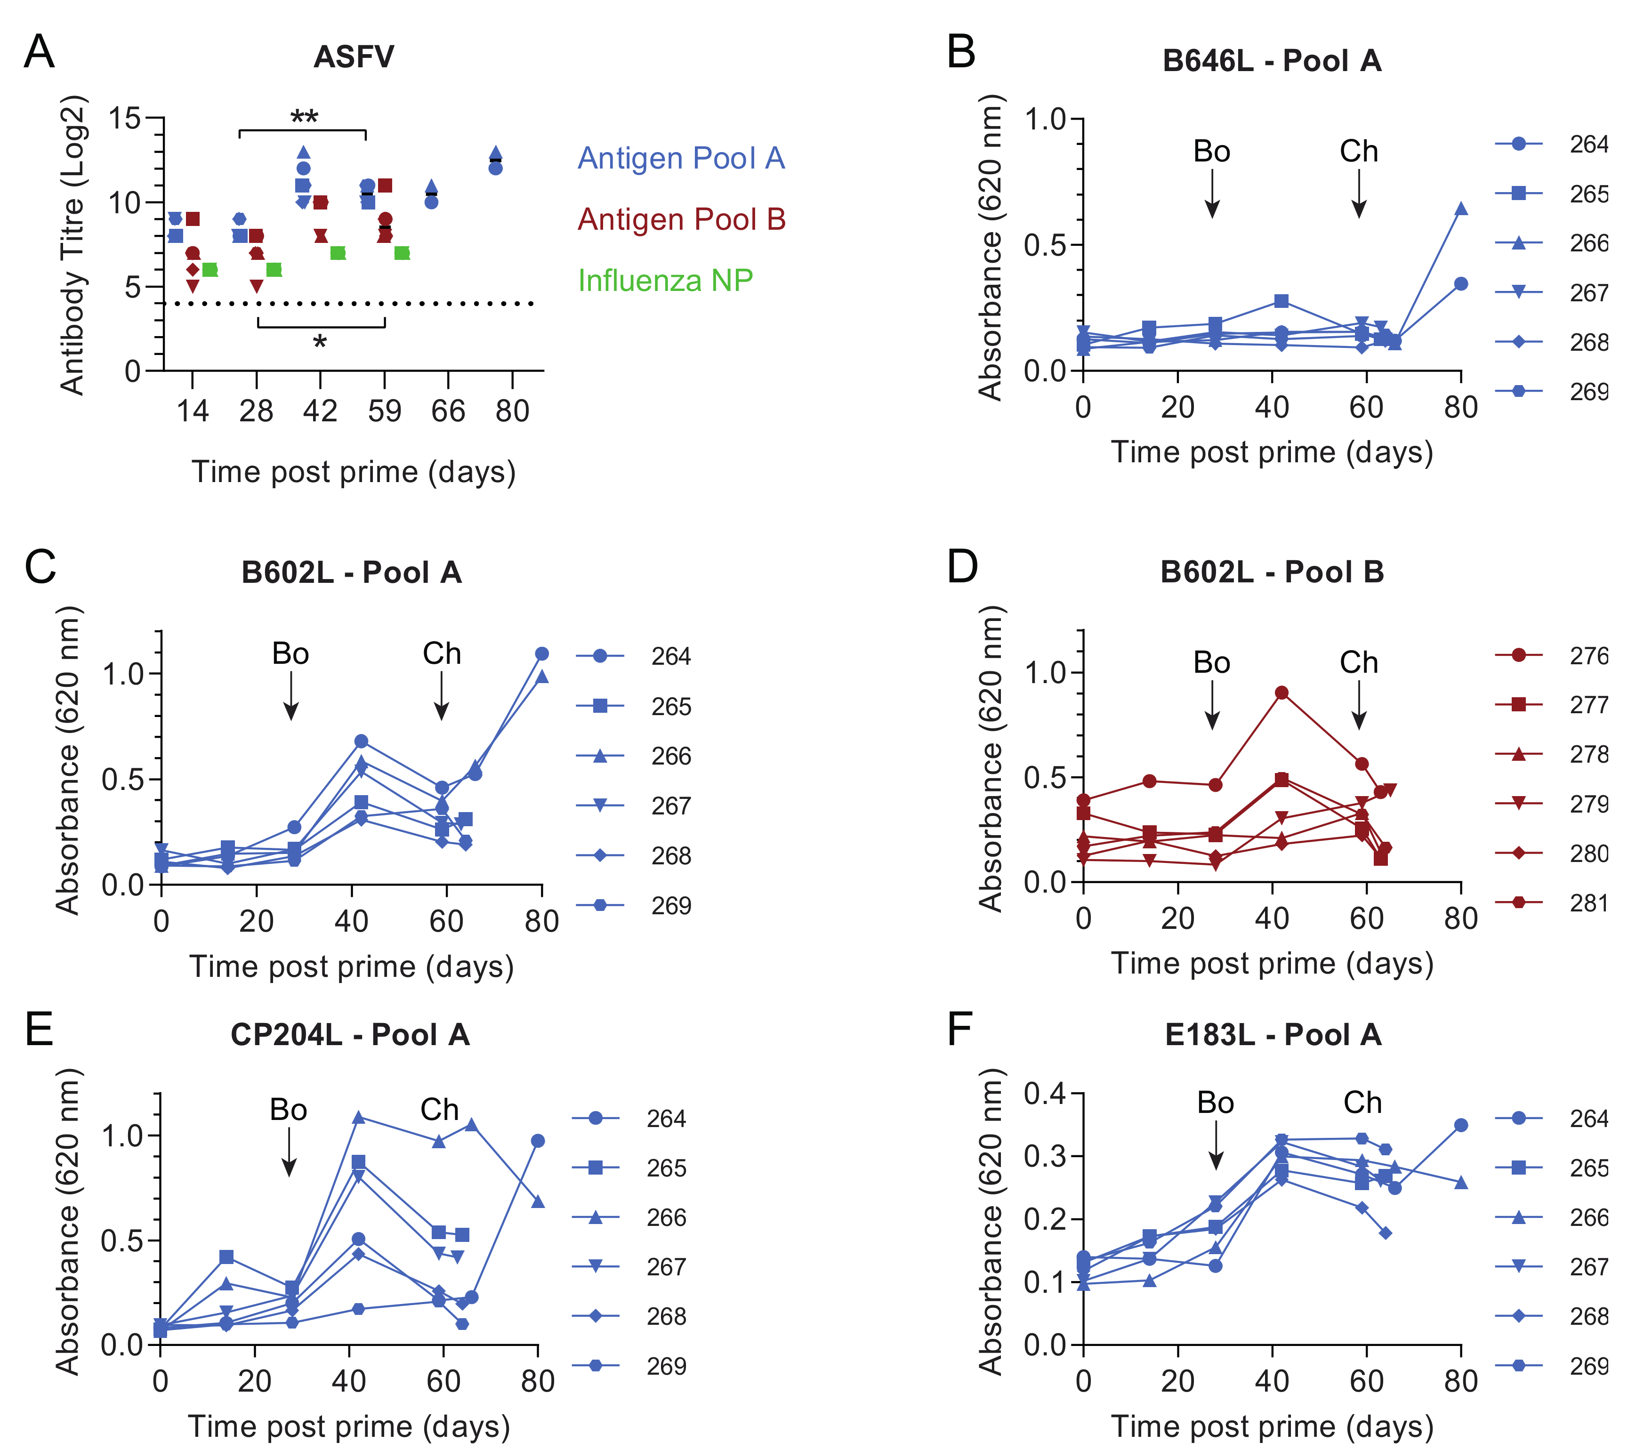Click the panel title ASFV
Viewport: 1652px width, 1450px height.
(354, 57)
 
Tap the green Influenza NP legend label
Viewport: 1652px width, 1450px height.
(665, 281)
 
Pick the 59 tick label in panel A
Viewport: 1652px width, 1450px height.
(385, 411)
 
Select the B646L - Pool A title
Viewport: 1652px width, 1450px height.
(1271, 61)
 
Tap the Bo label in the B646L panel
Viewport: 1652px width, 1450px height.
(1211, 152)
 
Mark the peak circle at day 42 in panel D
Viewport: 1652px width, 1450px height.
(1281, 693)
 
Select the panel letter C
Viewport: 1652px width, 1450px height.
(40, 567)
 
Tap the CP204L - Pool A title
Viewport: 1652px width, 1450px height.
(350, 1035)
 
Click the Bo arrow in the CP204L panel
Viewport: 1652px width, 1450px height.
(289, 1152)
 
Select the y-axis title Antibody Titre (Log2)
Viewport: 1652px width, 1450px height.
(73, 245)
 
